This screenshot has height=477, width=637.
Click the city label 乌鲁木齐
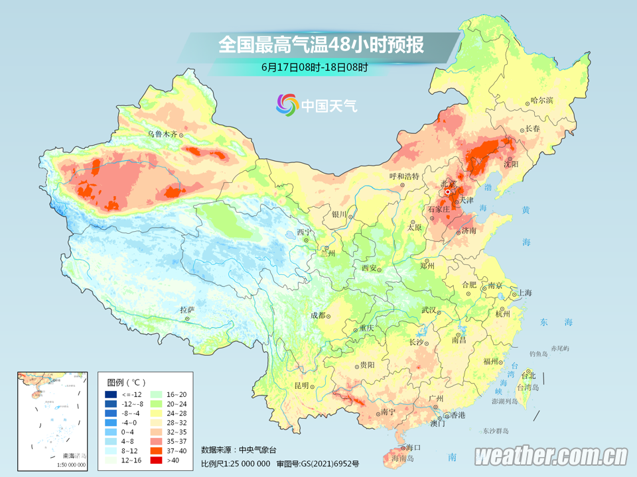coord(163,134)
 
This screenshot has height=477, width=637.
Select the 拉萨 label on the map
coord(186,309)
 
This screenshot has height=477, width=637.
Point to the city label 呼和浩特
coord(404,176)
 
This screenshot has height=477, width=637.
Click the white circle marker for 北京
coord(449,192)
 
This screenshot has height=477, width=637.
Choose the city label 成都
coord(318,316)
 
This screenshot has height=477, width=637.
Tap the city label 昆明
coord(302,386)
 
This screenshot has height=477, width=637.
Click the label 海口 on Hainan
coord(414,448)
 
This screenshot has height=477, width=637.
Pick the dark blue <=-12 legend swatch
coord(111,394)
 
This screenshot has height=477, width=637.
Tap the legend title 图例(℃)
coord(126,382)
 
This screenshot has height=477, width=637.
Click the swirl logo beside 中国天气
coord(287,105)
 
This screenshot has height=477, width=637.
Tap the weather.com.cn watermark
coord(551,456)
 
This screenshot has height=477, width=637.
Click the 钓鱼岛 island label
coord(537,354)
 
